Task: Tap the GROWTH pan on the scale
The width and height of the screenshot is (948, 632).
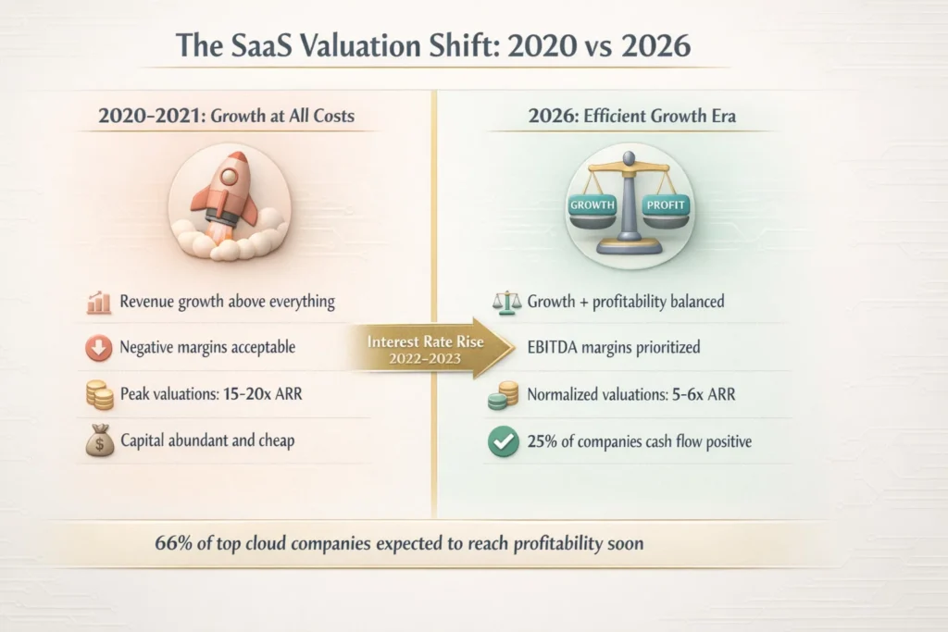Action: coord(593,204)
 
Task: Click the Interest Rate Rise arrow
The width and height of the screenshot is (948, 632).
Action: coord(426,349)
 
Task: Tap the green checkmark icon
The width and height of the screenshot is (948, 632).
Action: coord(501,441)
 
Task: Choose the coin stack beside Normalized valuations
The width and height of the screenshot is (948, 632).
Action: coord(501,395)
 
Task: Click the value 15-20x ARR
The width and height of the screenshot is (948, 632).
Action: coord(268,395)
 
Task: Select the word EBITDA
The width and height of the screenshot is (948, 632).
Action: coord(556,349)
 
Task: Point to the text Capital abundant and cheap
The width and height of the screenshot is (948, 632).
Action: coord(207,441)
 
